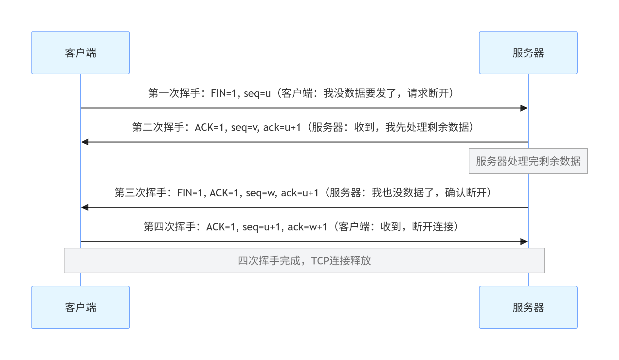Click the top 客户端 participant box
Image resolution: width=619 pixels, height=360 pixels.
(81, 53)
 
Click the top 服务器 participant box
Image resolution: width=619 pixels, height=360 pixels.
(528, 53)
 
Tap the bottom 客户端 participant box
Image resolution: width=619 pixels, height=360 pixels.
(81, 307)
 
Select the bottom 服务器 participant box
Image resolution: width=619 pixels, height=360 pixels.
(528, 307)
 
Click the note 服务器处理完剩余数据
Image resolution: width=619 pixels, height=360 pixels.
(528, 161)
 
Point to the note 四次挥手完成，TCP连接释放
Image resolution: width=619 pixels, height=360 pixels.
(304, 261)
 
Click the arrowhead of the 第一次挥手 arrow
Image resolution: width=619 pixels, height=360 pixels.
(524, 108)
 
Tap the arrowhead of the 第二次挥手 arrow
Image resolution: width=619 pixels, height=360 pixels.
(85, 142)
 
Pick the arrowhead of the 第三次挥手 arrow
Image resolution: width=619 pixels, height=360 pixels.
(85, 207)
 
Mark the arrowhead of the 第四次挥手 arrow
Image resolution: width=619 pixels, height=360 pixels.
(524, 242)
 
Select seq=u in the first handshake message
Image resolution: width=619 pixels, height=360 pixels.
(257, 94)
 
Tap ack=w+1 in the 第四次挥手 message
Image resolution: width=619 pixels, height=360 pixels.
(307, 227)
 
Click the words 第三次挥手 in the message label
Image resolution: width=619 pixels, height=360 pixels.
(141, 193)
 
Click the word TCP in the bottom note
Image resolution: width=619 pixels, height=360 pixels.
(320, 261)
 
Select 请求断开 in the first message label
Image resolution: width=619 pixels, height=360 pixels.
(428, 94)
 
